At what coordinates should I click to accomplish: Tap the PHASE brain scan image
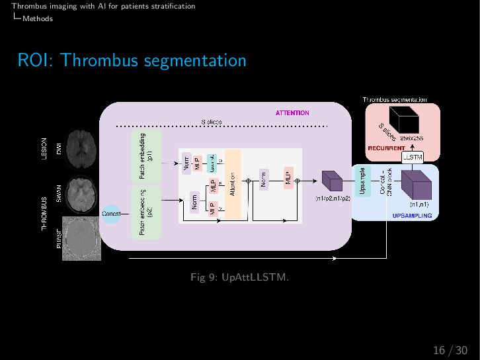[82, 238]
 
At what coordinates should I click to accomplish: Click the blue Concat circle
[110, 213]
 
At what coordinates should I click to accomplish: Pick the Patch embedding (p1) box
[146, 156]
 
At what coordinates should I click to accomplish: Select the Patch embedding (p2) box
[146, 212]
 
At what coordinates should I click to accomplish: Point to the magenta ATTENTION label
[292, 113]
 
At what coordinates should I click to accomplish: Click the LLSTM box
[413, 157]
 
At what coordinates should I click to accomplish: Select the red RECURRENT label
[386, 148]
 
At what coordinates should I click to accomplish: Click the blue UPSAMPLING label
[412, 216]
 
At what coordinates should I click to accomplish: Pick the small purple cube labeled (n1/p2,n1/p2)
[330, 181]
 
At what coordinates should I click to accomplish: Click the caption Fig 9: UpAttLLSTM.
[239, 277]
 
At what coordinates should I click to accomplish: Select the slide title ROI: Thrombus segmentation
[132, 60]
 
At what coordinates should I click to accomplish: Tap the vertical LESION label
[44, 148]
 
